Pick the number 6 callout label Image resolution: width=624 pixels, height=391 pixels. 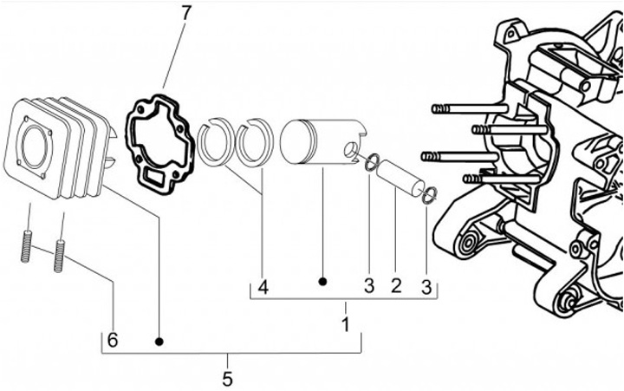tap(112, 340)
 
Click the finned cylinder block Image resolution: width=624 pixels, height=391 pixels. tap(52, 147)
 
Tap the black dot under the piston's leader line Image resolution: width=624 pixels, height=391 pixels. tap(322, 282)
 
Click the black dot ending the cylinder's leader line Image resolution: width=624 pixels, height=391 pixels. tap(159, 341)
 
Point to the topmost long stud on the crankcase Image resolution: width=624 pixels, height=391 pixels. tap(468, 108)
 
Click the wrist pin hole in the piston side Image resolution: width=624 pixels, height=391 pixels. tap(351, 152)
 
